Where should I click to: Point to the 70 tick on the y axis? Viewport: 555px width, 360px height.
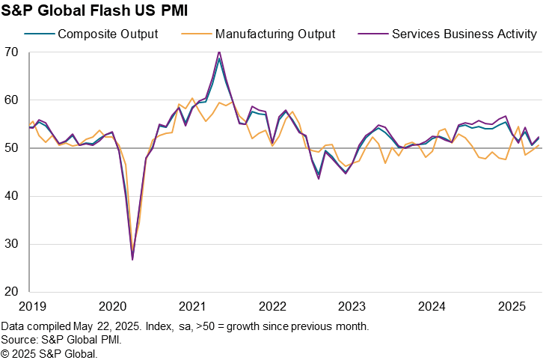(x=11, y=52)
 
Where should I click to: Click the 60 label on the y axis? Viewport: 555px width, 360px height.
(x=11, y=100)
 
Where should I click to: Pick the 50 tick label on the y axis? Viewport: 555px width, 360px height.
(x=11, y=148)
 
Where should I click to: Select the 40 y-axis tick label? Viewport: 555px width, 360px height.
(x=11, y=196)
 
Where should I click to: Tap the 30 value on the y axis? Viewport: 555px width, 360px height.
(x=11, y=244)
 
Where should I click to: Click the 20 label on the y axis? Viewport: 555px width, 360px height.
(x=11, y=292)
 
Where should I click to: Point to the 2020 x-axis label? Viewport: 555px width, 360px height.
(x=112, y=306)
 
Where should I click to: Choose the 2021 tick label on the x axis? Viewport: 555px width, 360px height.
(x=192, y=306)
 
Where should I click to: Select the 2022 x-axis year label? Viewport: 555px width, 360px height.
(x=272, y=306)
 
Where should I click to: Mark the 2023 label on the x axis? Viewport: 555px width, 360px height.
(x=352, y=306)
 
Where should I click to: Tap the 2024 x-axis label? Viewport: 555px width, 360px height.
(x=432, y=306)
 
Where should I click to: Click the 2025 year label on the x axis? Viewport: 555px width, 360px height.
(x=512, y=306)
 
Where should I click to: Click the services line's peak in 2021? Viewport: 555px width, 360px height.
(x=219, y=52)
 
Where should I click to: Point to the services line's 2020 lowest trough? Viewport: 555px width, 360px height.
(x=132, y=260)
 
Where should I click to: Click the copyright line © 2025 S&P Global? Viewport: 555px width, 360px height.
(x=49, y=353)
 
